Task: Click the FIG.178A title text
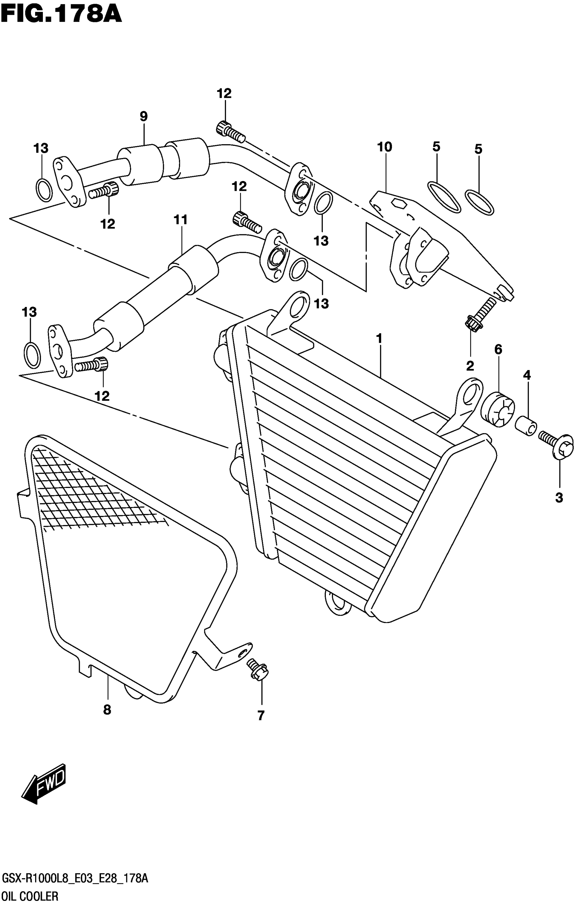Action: (x=61, y=15)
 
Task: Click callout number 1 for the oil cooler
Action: (x=379, y=339)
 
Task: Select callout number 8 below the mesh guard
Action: (x=107, y=710)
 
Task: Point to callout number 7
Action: (x=261, y=715)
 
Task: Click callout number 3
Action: (x=559, y=498)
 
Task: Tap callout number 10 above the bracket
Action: (x=385, y=147)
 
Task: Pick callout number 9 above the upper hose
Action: (x=143, y=116)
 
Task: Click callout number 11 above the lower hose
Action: (x=180, y=219)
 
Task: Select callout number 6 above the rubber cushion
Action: (x=498, y=349)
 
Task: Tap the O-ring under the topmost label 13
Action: (x=44, y=189)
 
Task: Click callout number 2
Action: (x=470, y=365)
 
